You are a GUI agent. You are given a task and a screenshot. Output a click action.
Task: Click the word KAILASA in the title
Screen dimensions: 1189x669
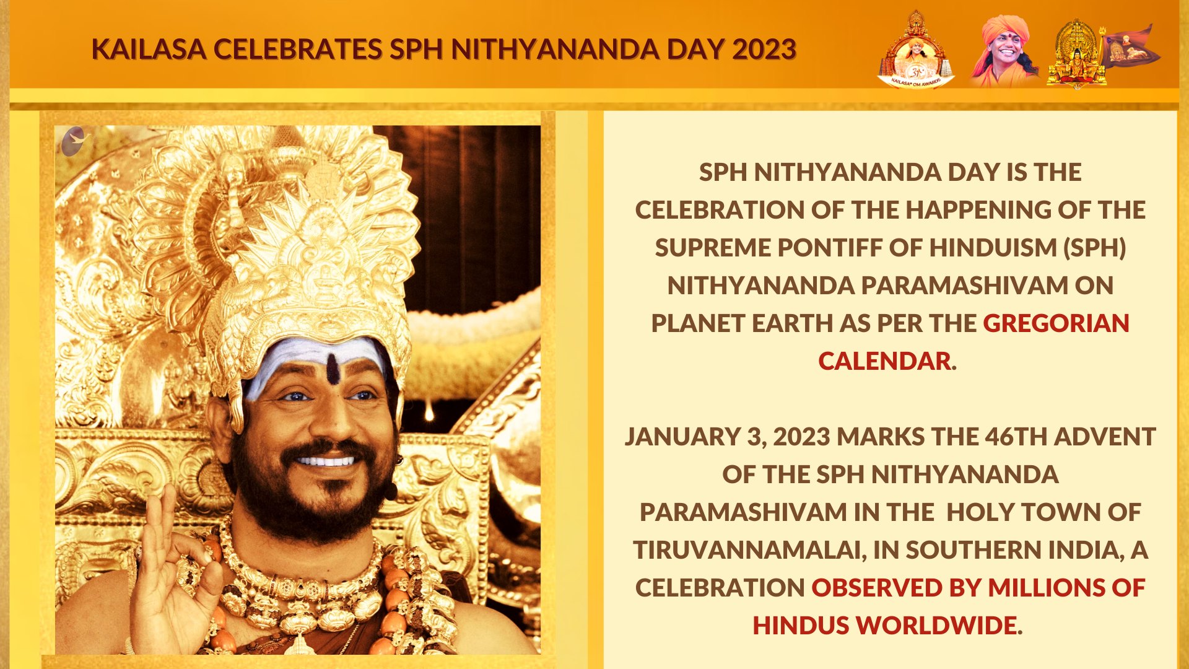149,50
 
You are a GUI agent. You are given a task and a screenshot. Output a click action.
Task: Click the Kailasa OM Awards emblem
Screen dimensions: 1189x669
916,50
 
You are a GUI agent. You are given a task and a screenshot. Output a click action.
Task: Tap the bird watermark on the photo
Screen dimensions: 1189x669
76,141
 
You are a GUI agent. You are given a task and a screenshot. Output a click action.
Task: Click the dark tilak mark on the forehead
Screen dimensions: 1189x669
333,369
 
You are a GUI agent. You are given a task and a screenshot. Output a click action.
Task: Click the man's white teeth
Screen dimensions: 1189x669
326,461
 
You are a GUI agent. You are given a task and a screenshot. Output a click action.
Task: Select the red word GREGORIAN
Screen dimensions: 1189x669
1056,323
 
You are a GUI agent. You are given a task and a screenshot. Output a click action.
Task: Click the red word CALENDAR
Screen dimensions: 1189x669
884,361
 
